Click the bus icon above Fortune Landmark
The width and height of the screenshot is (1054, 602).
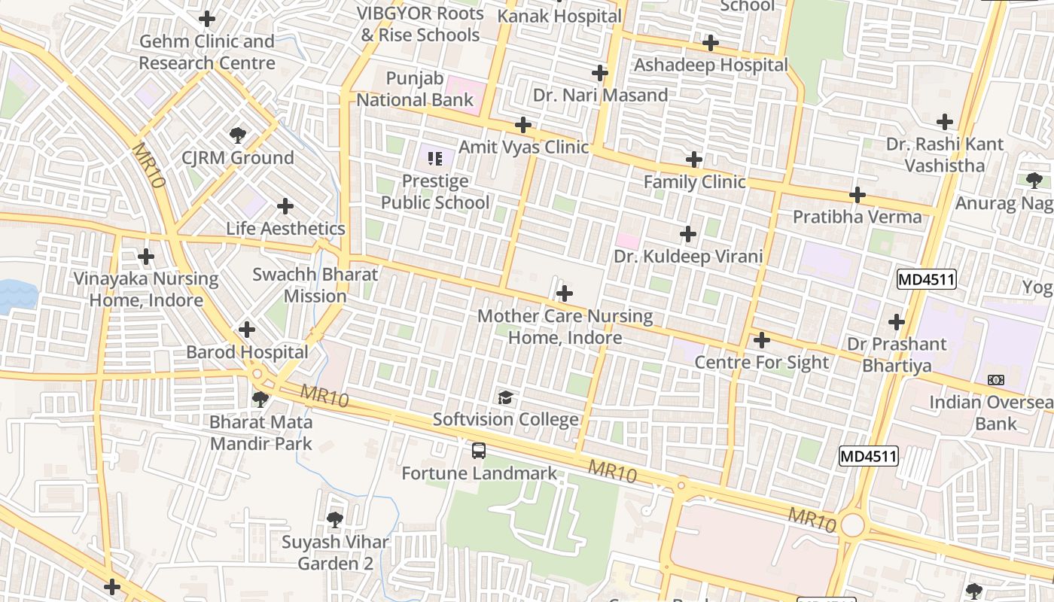click(x=479, y=451)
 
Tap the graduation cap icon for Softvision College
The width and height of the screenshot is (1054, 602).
click(x=505, y=397)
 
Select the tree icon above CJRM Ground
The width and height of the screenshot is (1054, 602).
click(x=238, y=135)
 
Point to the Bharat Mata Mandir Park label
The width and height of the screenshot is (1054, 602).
click(x=260, y=433)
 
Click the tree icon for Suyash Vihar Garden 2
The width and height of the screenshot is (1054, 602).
click(x=334, y=519)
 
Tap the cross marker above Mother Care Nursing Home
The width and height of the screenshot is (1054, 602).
click(x=565, y=293)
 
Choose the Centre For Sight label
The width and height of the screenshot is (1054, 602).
click(x=761, y=363)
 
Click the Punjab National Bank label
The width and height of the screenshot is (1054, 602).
click(x=415, y=89)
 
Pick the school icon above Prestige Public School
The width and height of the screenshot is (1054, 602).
click(x=434, y=158)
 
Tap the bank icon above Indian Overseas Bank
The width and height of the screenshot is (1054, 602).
click(x=996, y=380)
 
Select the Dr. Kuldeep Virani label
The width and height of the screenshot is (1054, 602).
click(x=688, y=257)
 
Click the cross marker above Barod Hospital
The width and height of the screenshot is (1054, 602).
click(x=247, y=330)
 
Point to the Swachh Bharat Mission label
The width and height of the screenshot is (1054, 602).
click(x=315, y=285)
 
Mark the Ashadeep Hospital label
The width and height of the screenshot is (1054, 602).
click(x=711, y=65)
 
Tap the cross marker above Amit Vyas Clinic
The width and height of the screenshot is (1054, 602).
click(x=523, y=125)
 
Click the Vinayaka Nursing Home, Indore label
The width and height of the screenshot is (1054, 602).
click(x=146, y=290)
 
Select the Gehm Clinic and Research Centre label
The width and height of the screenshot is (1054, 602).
click(x=207, y=52)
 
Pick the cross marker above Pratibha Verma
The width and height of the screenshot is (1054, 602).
click(x=858, y=196)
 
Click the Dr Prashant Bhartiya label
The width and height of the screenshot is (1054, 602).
click(x=897, y=355)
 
